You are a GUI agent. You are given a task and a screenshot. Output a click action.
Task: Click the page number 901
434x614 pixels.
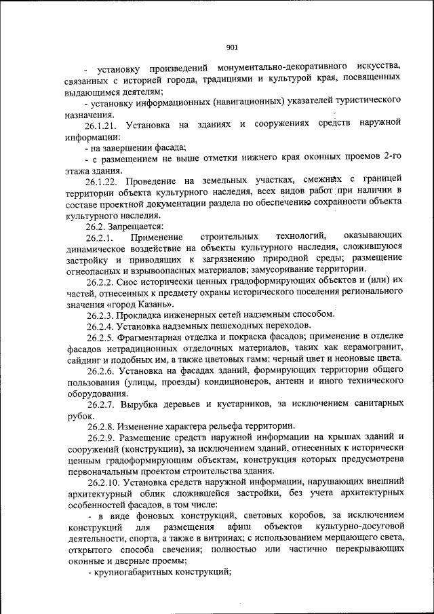(231, 47)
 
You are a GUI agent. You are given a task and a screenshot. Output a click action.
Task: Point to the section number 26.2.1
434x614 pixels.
(100, 237)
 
